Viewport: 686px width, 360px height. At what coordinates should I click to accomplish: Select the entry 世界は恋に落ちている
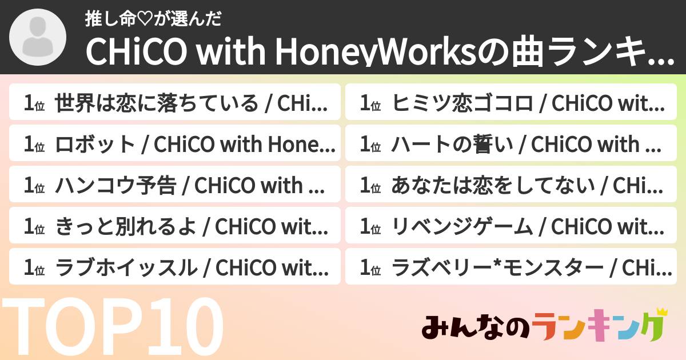tap(174, 104)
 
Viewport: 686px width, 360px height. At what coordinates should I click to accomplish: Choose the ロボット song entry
tap(174, 145)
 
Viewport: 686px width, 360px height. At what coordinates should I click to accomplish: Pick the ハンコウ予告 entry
tap(174, 185)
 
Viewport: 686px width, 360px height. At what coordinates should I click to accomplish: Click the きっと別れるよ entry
tap(174, 226)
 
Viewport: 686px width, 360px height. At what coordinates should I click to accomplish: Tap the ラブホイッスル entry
tap(174, 267)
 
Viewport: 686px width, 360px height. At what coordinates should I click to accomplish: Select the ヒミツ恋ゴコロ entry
tap(510, 104)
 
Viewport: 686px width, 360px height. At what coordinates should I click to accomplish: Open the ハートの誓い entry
tap(510, 145)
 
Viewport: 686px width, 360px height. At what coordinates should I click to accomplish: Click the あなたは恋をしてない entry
tap(510, 185)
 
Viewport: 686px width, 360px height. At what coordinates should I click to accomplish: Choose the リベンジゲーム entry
tap(510, 226)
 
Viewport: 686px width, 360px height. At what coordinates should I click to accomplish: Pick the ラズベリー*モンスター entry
tap(510, 267)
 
